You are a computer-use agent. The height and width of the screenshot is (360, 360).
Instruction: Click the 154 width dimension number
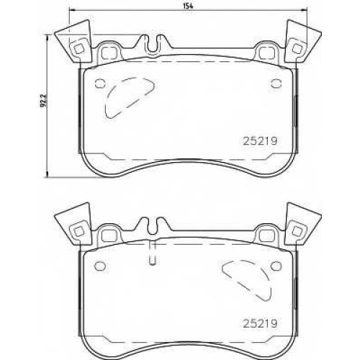coord(189,6)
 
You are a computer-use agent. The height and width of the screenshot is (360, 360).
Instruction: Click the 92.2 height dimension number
coord(43,101)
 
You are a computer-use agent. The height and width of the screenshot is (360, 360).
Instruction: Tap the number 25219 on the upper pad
coord(261,141)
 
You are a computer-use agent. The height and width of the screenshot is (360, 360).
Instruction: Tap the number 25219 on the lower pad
coord(261,323)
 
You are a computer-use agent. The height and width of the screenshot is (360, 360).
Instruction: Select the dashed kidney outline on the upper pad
coord(129,97)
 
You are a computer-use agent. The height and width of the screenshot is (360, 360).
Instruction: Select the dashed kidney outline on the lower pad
coord(247,280)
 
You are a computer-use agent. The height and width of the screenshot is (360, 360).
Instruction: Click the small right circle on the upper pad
coord(276,84)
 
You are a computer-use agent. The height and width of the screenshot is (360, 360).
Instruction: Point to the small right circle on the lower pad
coord(276,266)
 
